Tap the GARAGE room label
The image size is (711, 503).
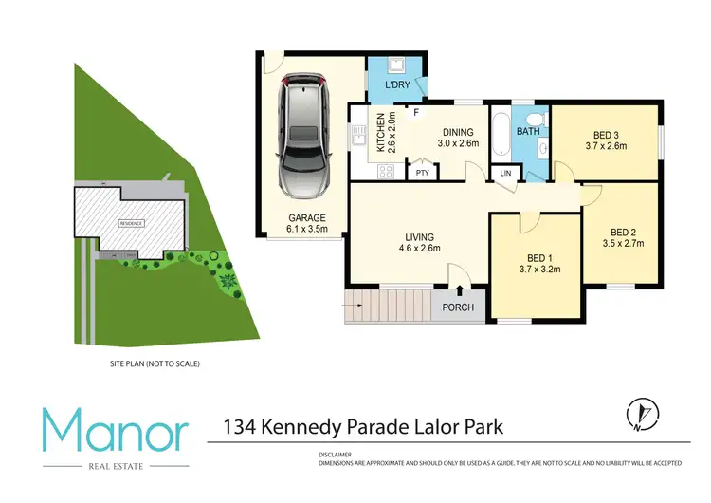click(x=307, y=217)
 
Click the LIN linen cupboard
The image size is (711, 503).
click(x=504, y=174)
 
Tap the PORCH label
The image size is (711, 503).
click(x=459, y=307)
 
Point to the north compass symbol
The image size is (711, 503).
click(x=641, y=414)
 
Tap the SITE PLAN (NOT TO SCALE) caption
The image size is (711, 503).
click(x=156, y=363)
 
